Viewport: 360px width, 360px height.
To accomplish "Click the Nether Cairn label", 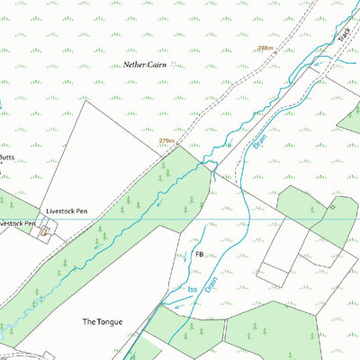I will tap(149, 66).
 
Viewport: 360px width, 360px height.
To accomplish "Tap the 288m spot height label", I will tap(265, 49).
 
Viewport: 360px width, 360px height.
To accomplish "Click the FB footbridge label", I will tap(198, 255).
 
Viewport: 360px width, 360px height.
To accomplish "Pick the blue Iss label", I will tap(191, 291).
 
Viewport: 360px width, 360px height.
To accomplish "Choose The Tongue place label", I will tap(102, 321).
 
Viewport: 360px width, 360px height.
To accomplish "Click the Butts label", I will tap(5, 157).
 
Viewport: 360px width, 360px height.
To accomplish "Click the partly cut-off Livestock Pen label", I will tap(16, 223).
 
